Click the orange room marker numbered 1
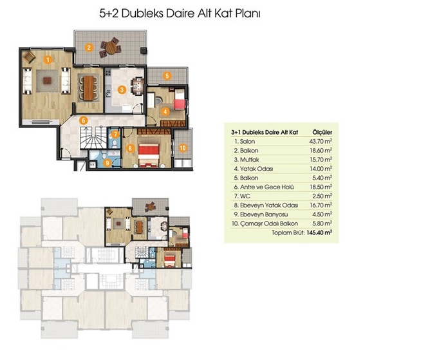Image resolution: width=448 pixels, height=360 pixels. [x=48, y=60]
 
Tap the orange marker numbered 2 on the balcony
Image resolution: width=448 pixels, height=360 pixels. [x=89, y=47]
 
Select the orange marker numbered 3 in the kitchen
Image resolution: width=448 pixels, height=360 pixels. [x=122, y=90]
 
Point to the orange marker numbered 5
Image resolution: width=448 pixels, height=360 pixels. [x=167, y=76]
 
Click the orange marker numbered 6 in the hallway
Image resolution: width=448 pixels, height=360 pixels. [x=83, y=120]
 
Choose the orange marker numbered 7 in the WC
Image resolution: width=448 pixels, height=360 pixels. [x=115, y=134]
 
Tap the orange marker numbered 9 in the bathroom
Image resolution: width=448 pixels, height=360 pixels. [x=107, y=163]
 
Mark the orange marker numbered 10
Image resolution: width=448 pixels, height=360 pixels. [x=183, y=148]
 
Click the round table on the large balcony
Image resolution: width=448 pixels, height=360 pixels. [x=110, y=48]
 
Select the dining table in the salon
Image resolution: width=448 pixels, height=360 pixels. [x=89, y=87]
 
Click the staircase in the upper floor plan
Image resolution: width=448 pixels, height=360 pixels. [x=93, y=138]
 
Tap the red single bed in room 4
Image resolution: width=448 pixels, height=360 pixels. [x=180, y=99]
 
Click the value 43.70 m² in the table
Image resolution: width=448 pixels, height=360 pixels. [x=321, y=141]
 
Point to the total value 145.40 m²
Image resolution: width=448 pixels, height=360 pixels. [x=319, y=232]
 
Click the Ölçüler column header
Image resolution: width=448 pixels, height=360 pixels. [x=322, y=132]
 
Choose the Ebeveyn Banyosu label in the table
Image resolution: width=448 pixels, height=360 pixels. [x=264, y=214]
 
